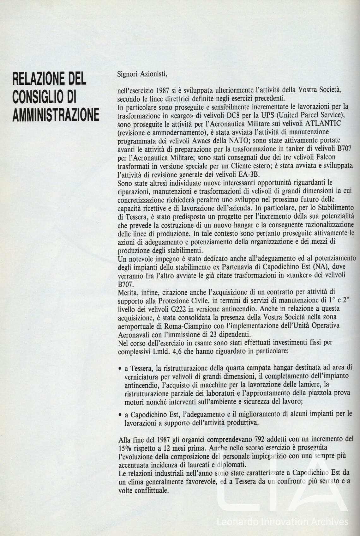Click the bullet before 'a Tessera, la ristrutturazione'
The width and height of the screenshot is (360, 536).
pyautogui.click(x=120, y=368)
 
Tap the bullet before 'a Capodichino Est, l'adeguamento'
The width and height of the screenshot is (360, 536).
pyautogui.click(x=120, y=414)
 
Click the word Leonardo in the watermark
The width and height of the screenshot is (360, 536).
pyautogui.click(x=236, y=521)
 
